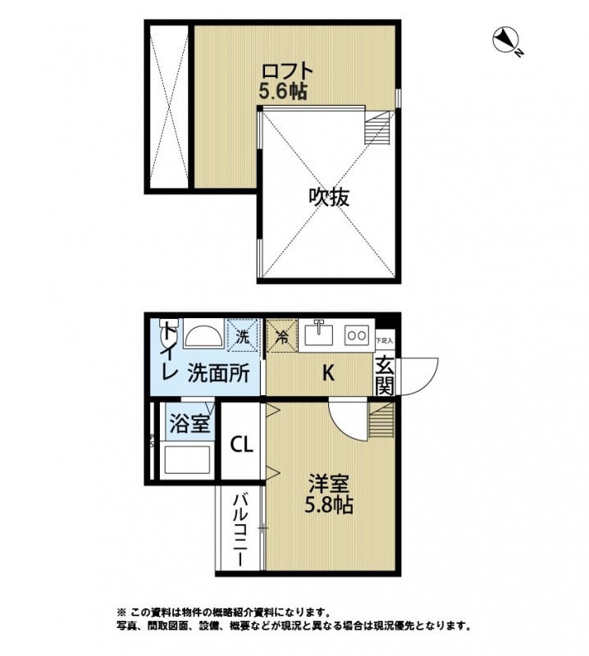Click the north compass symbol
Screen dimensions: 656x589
coord(507,42)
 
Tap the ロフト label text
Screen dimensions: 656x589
coord(282,71)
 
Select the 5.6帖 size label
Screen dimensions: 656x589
coord(282,92)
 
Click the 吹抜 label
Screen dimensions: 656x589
coord(329,197)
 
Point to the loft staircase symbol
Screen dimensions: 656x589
coord(379,128)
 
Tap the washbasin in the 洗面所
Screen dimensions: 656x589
coord(201,336)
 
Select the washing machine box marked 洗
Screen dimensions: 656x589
coord(243,335)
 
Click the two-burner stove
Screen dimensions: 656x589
coord(357,335)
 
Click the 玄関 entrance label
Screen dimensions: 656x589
coord(386,374)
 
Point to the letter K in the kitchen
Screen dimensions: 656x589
coord(327,373)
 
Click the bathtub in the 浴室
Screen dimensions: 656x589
coord(188,460)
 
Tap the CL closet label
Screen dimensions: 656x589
coord(241,445)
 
